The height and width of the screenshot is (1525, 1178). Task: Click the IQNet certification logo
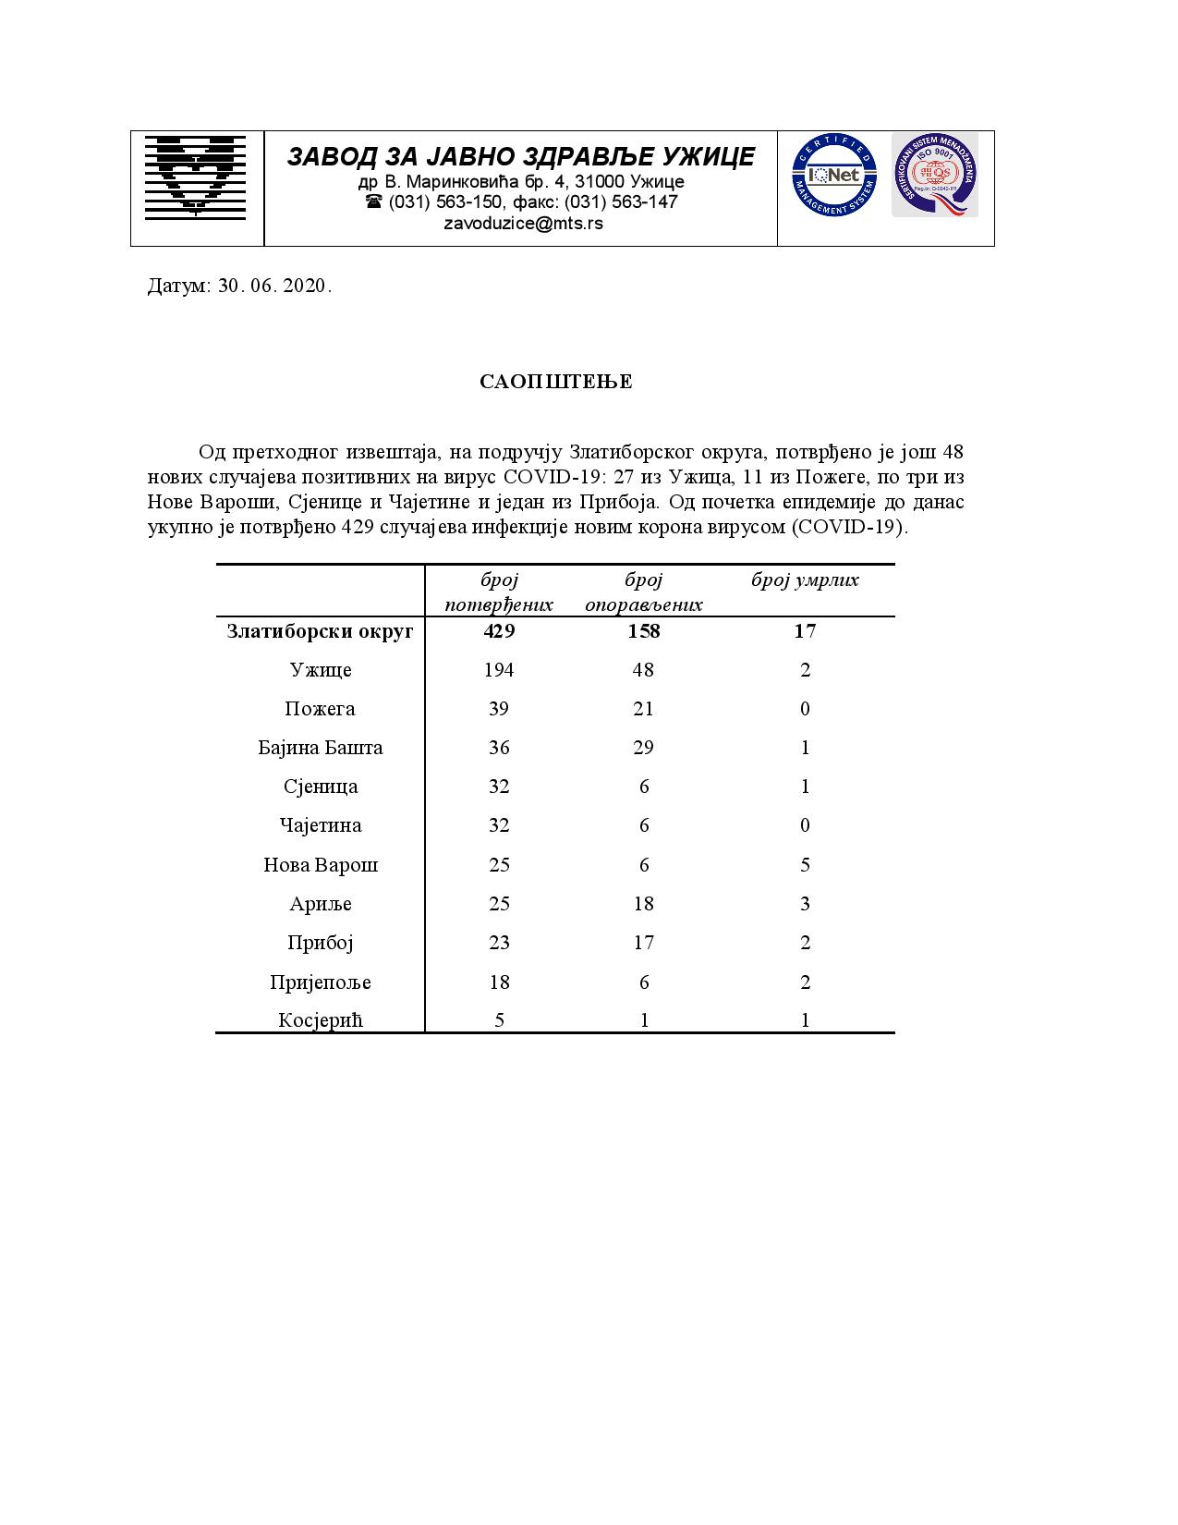pos(833,176)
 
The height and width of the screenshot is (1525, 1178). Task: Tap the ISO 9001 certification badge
pos(934,176)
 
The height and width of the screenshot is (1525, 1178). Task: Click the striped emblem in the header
pos(196,177)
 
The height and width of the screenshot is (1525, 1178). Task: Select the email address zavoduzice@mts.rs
pos(523,224)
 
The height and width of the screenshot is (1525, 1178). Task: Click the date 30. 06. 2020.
pos(274,287)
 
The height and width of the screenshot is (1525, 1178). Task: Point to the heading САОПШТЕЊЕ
pos(556,382)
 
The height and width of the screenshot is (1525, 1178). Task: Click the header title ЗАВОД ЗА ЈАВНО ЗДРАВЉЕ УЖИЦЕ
pos(521,156)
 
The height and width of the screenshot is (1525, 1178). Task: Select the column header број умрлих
pos(805,580)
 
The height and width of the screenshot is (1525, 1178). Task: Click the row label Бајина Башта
pos(320,748)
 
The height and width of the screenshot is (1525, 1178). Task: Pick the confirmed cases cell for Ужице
pos(499,670)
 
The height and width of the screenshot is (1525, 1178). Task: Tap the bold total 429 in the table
pos(499,631)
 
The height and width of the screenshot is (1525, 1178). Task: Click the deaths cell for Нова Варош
pos(805,865)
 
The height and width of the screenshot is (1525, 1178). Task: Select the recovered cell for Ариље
pos(644,904)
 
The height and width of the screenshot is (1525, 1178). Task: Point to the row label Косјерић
pos(320,1020)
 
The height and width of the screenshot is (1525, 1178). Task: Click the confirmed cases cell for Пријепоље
pos(499,982)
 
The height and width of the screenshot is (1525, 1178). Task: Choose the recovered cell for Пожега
pos(644,709)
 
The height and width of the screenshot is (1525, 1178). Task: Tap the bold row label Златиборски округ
pos(320,632)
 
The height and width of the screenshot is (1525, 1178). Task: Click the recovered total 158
pos(644,631)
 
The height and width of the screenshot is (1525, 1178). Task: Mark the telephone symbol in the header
pos(374,201)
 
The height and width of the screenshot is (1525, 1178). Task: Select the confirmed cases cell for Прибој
pos(499,943)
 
